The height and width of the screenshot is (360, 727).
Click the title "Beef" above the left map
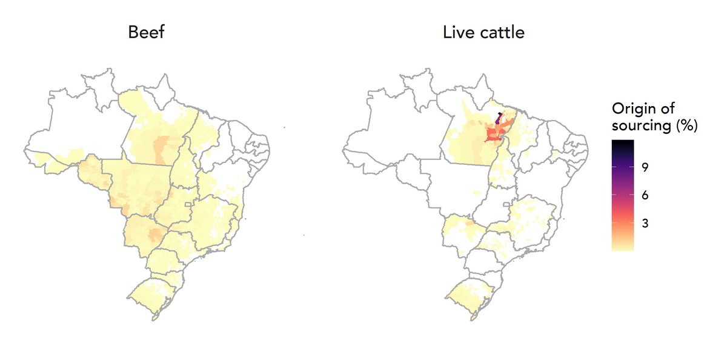point(146,33)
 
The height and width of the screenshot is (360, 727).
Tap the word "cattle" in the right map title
point(502,33)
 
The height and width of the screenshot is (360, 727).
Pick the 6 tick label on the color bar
point(646,195)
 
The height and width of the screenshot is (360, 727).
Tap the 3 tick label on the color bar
point(646,223)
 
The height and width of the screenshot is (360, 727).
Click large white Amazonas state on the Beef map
point(79,130)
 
